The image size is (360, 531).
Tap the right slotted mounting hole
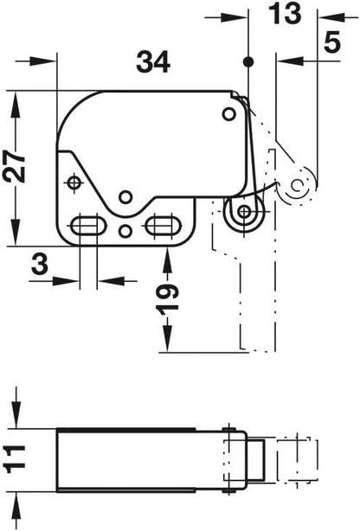[159, 226]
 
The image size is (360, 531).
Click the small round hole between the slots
[126, 230]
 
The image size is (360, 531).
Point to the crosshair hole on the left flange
[74, 182]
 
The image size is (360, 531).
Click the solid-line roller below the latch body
[244, 213]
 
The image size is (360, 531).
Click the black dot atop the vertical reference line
[248, 61]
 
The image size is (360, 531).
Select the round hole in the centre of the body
[126, 195]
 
